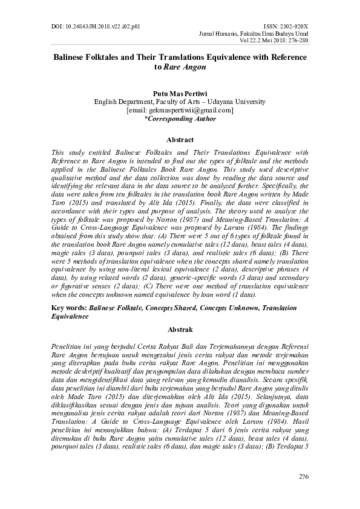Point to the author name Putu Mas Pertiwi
pos(180,94)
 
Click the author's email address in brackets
pos(180,111)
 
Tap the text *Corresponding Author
pos(180,119)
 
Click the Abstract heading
pos(180,140)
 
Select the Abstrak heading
pos(180,330)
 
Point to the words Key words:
pos(67,307)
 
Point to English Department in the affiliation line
pos(123,103)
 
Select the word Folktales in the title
pos(109,57)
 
